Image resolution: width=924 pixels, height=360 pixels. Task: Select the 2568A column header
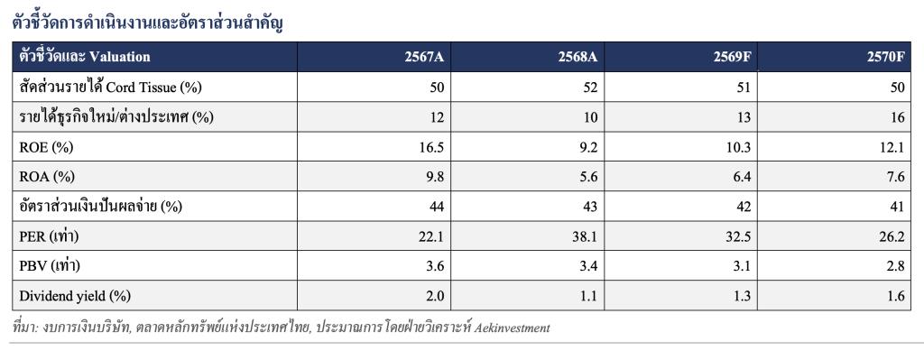click(x=578, y=57)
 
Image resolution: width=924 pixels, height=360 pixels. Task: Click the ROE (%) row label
click(x=46, y=148)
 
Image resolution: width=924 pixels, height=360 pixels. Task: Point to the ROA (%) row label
click(x=47, y=178)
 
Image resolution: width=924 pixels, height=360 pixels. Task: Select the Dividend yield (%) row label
click(x=74, y=296)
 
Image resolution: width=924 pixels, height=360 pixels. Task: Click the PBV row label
click(x=50, y=266)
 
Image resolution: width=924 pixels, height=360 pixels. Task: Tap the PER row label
click(x=49, y=237)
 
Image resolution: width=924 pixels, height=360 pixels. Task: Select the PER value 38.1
click(x=585, y=237)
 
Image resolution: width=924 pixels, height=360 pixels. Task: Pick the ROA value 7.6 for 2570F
click(x=895, y=178)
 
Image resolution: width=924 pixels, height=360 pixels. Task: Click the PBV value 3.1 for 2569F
click(x=742, y=266)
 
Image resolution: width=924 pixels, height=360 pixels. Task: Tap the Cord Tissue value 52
click(x=590, y=88)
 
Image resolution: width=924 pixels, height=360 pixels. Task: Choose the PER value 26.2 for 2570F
click(x=892, y=237)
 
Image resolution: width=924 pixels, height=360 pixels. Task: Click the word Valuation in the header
click(x=120, y=57)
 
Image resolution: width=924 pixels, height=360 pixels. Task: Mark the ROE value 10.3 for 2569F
click(x=739, y=148)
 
